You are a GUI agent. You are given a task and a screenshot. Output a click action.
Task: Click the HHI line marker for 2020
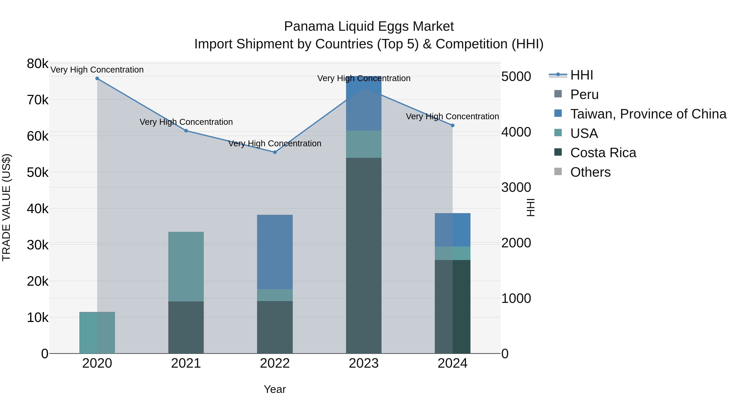point(97,78)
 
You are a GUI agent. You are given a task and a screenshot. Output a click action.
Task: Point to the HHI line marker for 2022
point(275,152)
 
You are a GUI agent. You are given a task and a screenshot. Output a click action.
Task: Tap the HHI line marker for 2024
point(453,125)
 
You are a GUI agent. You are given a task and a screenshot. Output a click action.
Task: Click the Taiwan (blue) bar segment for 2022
point(275,252)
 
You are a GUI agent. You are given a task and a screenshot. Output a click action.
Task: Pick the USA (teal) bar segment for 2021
point(186,266)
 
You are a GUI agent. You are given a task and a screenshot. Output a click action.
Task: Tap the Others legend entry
point(590,172)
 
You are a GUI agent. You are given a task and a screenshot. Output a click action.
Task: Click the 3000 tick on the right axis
point(516,188)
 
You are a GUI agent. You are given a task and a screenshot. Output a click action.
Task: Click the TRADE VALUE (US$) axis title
point(7,208)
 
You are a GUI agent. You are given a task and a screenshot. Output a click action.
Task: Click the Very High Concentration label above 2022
point(275,143)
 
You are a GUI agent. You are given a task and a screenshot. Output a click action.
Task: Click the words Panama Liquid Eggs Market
point(369,26)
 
